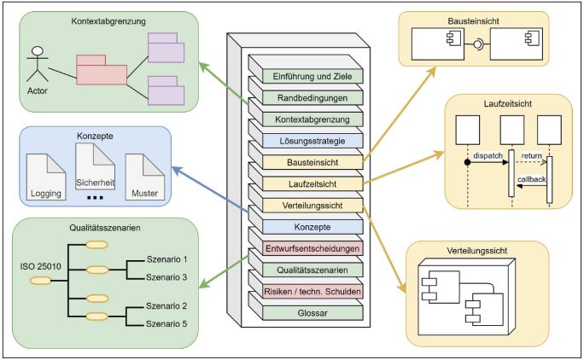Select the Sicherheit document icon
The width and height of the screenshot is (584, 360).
tap(95, 171)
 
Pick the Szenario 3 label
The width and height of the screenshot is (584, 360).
tap(166, 276)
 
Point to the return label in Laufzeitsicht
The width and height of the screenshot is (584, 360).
tap(532, 156)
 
